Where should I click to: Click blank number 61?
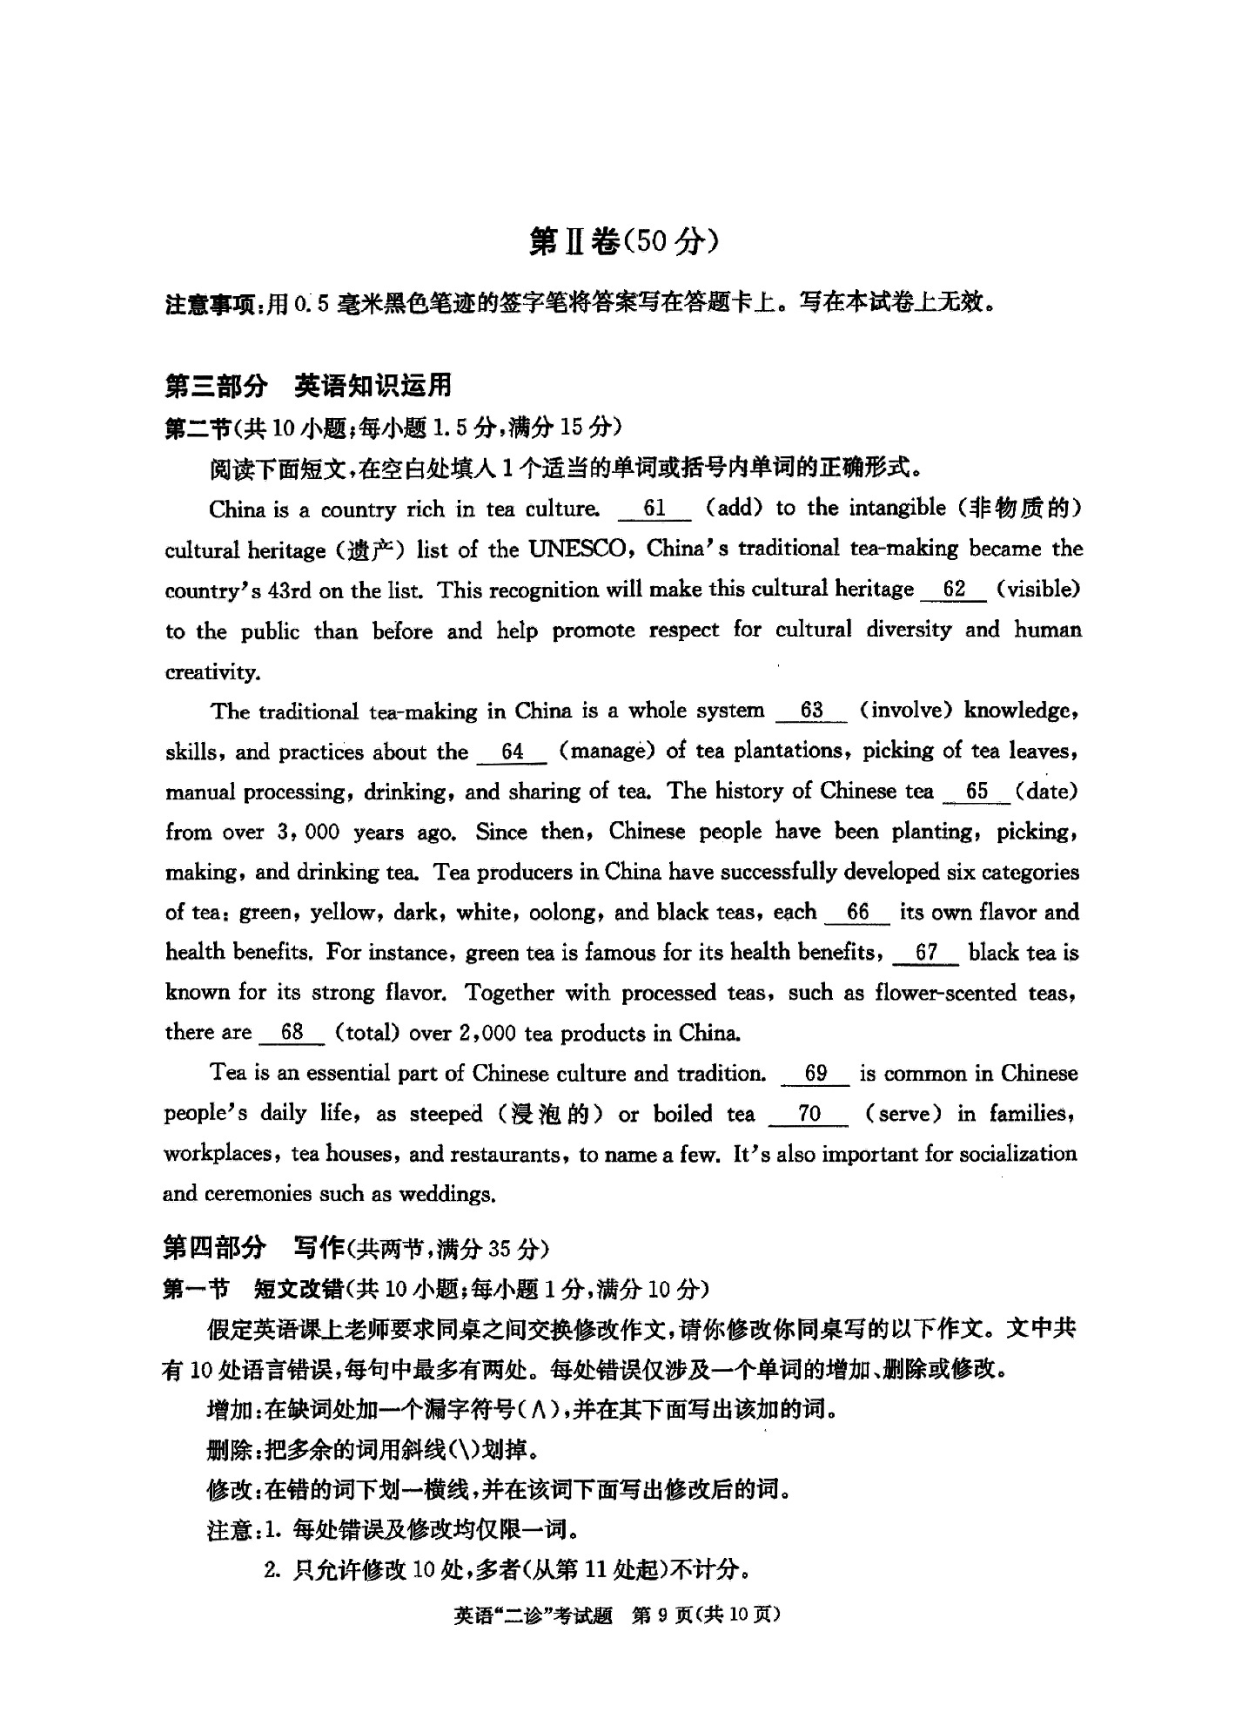[654, 509]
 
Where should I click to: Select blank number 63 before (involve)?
[810, 711]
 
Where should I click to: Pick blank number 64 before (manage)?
[512, 752]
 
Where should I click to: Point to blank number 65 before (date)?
[977, 792]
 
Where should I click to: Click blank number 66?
[857, 913]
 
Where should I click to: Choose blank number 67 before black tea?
[925, 953]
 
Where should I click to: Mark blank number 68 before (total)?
[292, 1033]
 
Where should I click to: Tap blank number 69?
[815, 1074]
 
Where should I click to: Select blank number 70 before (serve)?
[809, 1114]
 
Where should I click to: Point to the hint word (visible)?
[1038, 590]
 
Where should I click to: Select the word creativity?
[212, 672]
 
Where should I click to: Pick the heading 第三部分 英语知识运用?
[308, 385]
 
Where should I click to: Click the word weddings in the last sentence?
[446, 1194]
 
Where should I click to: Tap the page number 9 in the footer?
[662, 1615]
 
